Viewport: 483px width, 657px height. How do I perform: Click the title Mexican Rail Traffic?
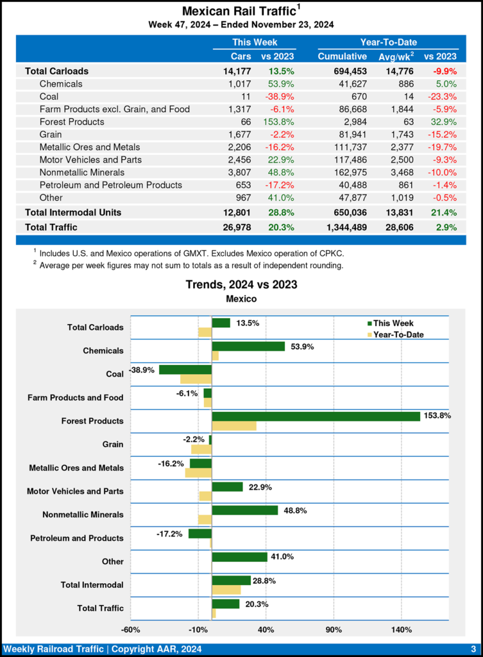(x=239, y=11)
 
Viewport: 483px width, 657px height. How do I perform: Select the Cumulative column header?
(x=342, y=56)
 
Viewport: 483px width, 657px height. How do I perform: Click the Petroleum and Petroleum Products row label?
(x=110, y=185)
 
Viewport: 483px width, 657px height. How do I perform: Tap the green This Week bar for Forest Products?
(x=316, y=416)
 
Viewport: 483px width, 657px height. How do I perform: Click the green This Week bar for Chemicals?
(x=248, y=346)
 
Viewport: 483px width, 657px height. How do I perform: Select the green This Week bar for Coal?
(x=185, y=370)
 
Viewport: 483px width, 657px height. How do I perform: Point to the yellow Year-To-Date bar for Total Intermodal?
(x=226, y=590)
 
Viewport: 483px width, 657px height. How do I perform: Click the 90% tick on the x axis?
(x=334, y=629)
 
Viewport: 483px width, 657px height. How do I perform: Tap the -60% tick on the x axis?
(x=130, y=629)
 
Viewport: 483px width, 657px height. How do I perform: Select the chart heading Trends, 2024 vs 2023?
(x=241, y=284)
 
